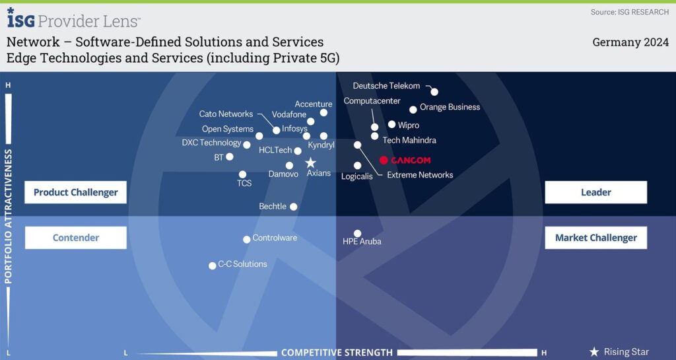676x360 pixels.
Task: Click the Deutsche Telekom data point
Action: pos(434,92)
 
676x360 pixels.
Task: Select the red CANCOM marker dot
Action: pos(384,160)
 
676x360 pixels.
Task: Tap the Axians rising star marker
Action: pos(310,162)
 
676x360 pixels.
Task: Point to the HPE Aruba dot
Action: pos(357,233)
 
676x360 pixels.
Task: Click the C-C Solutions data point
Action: pos(213,266)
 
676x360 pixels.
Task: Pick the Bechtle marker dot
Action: pos(294,207)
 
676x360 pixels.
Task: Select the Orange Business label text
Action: pos(450,107)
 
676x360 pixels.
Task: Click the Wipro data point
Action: pos(392,124)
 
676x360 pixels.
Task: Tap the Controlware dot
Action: pos(247,240)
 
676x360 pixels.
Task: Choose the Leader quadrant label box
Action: pos(595,192)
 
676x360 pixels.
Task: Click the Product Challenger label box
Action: pos(75,192)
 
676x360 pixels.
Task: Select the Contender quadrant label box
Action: pos(75,238)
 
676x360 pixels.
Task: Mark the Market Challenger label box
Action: pos(595,238)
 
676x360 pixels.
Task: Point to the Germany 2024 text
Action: pos(630,42)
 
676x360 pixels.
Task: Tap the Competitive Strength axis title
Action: pos(337,353)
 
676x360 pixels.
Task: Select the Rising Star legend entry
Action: pos(619,352)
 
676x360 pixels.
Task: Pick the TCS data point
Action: pos(243,174)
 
